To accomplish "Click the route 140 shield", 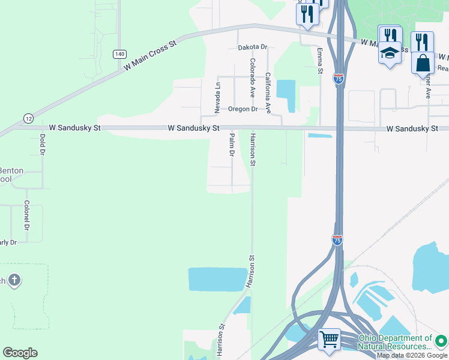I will coord(119,54).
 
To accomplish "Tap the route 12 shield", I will coord(28,118).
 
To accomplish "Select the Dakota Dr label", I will coord(252,47).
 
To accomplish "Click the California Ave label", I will coord(268,93).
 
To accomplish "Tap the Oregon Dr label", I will coord(243,109).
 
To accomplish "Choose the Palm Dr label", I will coord(231,145).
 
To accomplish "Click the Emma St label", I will coord(320,61).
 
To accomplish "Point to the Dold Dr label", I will coord(42,145).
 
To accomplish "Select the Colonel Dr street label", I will coord(27,215).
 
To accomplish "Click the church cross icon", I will coord(14,280).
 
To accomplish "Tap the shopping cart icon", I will coord(330,339).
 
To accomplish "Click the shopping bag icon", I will coord(423,62).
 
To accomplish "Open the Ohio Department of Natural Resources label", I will coord(394,343).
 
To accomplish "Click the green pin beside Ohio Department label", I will coord(441,341).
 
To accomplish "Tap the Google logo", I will coord(20,353).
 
